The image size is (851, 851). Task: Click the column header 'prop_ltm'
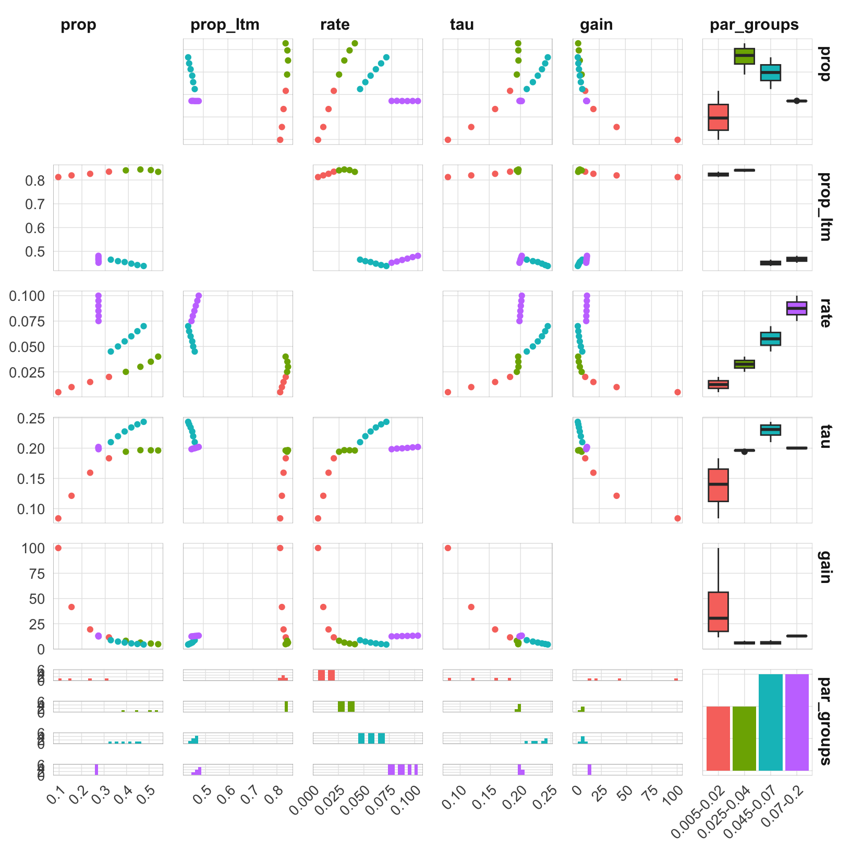(225, 25)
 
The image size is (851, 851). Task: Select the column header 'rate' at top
(335, 25)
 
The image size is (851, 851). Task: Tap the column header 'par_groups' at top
(754, 25)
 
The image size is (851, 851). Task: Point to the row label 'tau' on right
(824, 436)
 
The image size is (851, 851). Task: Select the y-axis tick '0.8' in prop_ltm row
(37, 180)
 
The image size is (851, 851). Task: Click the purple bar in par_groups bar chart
(797, 722)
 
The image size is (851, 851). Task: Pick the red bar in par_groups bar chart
(719, 738)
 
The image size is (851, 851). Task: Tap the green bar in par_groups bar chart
(744, 738)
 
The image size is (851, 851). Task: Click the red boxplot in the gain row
(719, 612)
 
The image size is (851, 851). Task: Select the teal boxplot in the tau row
(771, 430)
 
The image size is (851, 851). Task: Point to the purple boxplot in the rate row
(797, 308)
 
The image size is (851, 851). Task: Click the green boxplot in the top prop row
(744, 56)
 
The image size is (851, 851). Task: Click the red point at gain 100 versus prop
(58, 548)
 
